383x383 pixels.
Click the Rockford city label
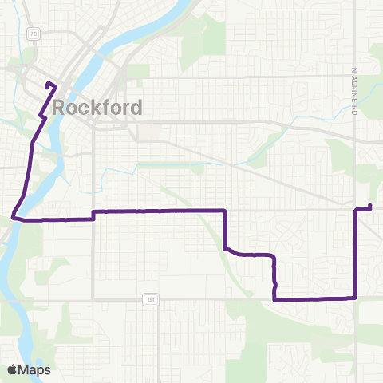tap(98, 108)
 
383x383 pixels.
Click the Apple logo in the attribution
tap(12, 369)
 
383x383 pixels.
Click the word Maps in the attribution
tap(34, 369)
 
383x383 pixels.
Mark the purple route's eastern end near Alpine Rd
tap(370, 207)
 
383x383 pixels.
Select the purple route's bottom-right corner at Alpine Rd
tap(354, 298)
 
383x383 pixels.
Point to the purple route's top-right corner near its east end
tap(355, 210)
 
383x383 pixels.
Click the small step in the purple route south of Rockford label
tap(94, 215)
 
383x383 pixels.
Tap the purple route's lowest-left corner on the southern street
tap(274, 299)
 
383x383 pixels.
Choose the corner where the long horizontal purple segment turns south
tap(225, 211)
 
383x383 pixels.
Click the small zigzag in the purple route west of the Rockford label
tap(40, 117)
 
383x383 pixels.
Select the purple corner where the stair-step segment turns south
tap(274, 256)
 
